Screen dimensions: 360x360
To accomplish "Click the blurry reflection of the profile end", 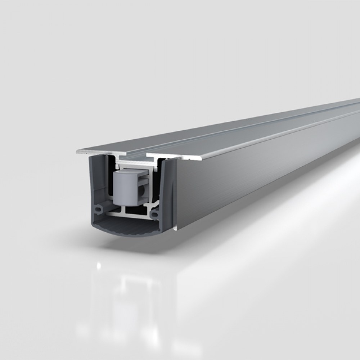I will [x=126, y=299].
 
